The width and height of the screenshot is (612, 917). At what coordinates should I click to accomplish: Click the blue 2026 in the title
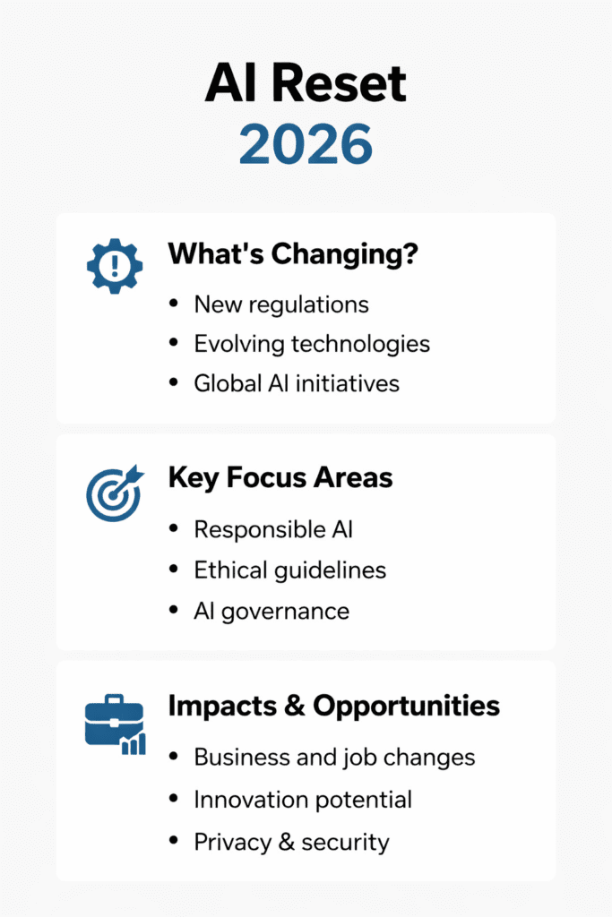(x=306, y=143)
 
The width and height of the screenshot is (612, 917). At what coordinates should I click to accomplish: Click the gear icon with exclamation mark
(x=115, y=266)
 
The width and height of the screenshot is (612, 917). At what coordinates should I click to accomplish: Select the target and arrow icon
(x=115, y=493)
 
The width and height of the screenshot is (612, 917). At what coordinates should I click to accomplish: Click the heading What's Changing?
(x=293, y=254)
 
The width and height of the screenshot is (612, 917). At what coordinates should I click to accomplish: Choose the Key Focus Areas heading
(x=280, y=478)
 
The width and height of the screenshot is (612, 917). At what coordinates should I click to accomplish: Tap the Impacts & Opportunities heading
(x=334, y=706)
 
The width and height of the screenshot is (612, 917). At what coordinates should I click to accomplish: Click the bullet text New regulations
(x=281, y=304)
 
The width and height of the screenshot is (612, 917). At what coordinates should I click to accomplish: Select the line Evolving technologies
(x=312, y=344)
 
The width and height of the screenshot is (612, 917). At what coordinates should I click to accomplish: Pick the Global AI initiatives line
(x=297, y=383)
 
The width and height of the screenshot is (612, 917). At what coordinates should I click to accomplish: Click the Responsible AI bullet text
(x=273, y=529)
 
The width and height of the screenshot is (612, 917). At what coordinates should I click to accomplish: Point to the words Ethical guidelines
(x=290, y=570)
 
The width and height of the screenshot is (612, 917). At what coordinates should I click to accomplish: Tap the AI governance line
(x=272, y=612)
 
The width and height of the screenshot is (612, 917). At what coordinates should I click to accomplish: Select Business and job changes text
(x=334, y=758)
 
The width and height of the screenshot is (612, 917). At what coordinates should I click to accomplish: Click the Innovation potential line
(x=303, y=800)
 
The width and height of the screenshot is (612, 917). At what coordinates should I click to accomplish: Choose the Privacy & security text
(x=291, y=842)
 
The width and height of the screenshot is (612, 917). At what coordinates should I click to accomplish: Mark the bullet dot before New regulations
(x=173, y=303)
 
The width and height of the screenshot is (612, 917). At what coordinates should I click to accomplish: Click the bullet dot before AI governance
(x=173, y=610)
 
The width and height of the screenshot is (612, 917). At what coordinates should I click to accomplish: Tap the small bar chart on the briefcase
(x=134, y=744)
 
